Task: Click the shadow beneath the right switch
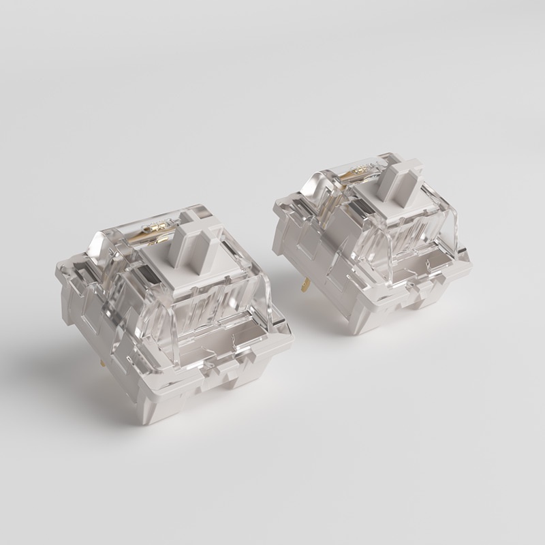[436, 327]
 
